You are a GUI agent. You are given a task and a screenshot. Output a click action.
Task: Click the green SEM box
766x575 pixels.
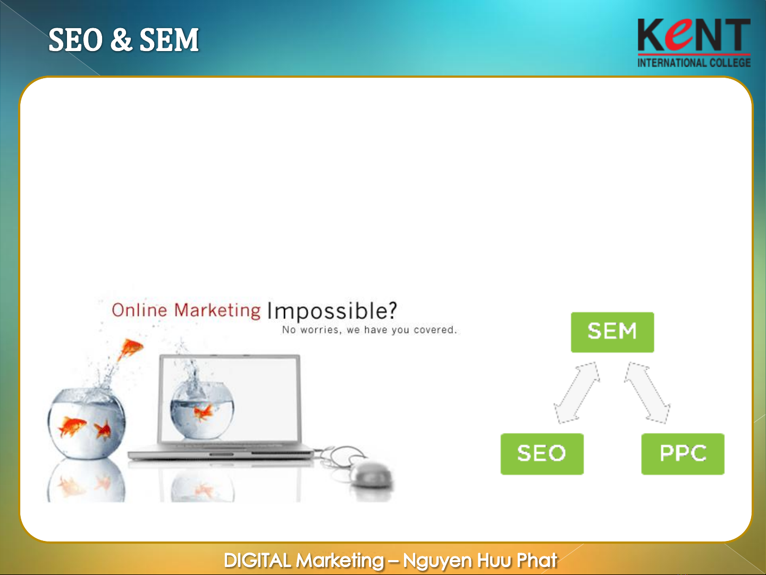pyautogui.click(x=612, y=332)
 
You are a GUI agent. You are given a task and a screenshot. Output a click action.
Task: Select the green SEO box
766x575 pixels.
pyautogui.click(x=542, y=454)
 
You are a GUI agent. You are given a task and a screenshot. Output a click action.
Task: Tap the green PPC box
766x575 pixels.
pyautogui.click(x=683, y=454)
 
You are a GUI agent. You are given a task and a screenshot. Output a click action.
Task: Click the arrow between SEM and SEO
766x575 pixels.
pyautogui.click(x=577, y=393)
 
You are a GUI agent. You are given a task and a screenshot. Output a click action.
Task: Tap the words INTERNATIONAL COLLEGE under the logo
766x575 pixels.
pyautogui.click(x=694, y=62)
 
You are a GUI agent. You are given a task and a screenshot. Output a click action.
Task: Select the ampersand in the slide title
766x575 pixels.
pyautogui.click(x=121, y=39)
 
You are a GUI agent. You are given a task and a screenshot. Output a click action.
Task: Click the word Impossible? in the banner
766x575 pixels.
pyautogui.click(x=332, y=311)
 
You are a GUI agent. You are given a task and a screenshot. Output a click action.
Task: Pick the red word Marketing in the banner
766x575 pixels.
pyautogui.click(x=217, y=310)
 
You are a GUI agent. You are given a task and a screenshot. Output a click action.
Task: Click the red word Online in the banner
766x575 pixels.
pyautogui.click(x=140, y=310)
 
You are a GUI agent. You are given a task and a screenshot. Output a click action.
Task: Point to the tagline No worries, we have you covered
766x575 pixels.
pyautogui.click(x=369, y=330)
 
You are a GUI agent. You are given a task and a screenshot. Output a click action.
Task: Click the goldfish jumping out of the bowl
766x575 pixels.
pyautogui.click(x=131, y=349)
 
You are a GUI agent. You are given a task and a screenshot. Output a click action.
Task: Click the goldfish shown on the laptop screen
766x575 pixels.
pyautogui.click(x=204, y=412)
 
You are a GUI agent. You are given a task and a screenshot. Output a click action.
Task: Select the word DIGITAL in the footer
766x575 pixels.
pyautogui.click(x=257, y=561)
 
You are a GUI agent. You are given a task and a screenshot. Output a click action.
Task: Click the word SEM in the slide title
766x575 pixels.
pyautogui.click(x=169, y=40)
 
